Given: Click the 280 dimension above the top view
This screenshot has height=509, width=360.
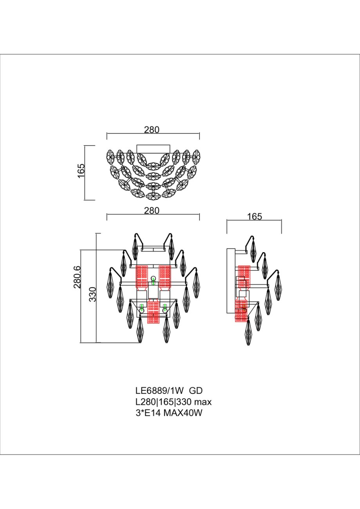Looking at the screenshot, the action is pos(152,130).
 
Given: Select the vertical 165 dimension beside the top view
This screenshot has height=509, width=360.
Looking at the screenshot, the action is pos(81,171).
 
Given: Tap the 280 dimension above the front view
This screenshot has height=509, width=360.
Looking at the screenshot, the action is pos(152,211).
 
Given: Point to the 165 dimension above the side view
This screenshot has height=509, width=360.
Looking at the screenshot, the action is pos(255,217).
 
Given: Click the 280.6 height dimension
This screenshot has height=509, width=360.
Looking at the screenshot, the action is pos(77,277).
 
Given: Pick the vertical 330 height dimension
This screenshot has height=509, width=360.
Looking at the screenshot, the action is pos(93,294).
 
